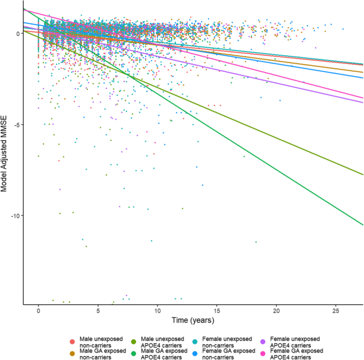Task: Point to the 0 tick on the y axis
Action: (19, 33)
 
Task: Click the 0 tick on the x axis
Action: (38, 310)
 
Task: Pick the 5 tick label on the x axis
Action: (98, 310)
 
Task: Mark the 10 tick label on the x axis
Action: (157, 310)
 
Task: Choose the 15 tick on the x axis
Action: (217, 310)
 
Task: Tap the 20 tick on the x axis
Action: (276, 310)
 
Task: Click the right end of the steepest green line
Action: (363, 225)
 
